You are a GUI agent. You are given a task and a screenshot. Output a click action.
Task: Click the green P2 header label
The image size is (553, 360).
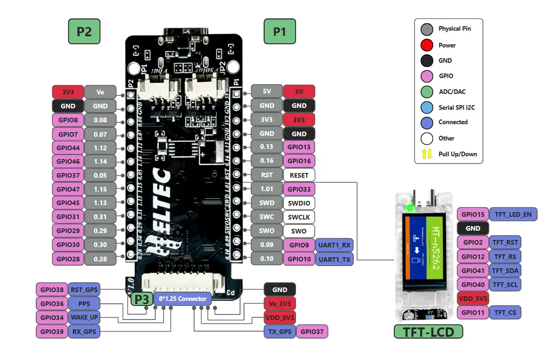(84, 32)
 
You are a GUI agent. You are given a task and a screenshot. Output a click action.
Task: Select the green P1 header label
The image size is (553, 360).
(279, 32)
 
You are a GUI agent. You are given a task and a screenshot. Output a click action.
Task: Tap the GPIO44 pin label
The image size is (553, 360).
(68, 147)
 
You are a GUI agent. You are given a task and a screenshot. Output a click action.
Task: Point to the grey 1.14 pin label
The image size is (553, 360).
(100, 161)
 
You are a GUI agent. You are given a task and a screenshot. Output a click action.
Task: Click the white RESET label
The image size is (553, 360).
(299, 175)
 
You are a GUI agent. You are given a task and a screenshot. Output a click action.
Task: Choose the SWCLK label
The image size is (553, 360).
(299, 217)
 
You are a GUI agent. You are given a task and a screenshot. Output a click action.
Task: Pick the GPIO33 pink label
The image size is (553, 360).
(299, 189)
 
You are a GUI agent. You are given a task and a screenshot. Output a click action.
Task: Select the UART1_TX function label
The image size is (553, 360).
(334, 259)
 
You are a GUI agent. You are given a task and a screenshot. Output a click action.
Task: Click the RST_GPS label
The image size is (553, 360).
(84, 290)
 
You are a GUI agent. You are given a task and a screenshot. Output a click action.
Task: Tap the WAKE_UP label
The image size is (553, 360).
(84, 318)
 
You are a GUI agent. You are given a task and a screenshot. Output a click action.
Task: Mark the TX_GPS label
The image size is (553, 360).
(279, 332)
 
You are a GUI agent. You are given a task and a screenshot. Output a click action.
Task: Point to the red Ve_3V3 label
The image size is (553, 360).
(279, 304)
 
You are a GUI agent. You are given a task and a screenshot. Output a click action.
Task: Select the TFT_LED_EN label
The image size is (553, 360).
(513, 214)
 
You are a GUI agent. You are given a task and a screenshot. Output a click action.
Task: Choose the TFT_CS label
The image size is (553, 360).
(505, 313)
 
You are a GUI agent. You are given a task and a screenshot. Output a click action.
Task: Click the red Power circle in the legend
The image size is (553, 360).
(427, 45)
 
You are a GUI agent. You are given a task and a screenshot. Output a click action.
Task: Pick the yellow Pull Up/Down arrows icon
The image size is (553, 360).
(427, 154)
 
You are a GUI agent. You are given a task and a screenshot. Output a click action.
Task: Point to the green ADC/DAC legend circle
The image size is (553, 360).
(427, 91)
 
